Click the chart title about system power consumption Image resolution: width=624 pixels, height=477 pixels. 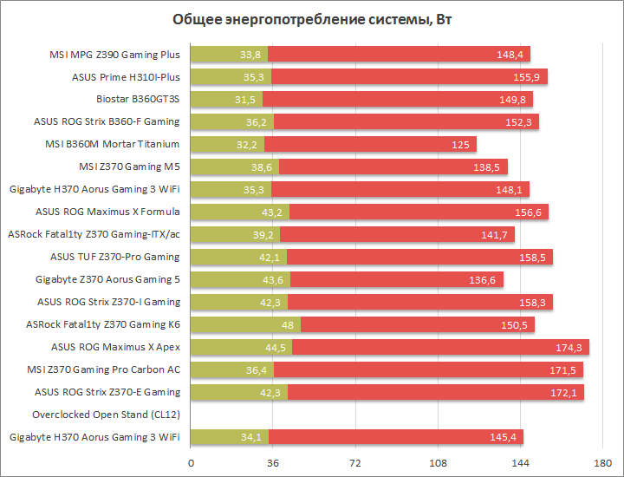click(x=311, y=20)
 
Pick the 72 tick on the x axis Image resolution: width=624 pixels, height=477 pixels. click(x=356, y=463)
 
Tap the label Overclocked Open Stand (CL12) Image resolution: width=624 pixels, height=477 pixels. click(x=106, y=415)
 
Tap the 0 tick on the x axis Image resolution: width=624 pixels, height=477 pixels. click(x=191, y=463)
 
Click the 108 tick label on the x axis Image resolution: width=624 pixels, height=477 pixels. click(x=439, y=463)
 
